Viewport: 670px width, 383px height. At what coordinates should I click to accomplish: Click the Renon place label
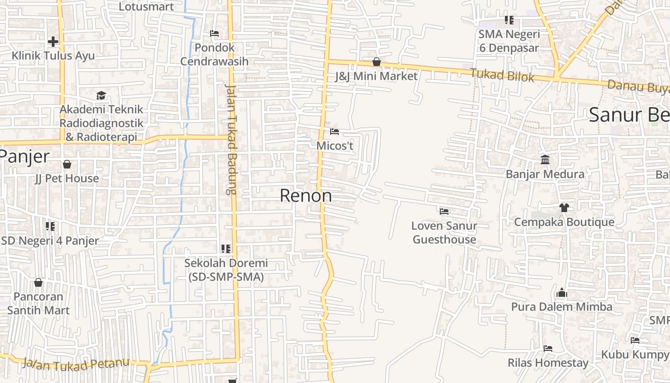[x=306, y=195]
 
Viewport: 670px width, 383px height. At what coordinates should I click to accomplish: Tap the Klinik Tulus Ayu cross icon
[x=53, y=42]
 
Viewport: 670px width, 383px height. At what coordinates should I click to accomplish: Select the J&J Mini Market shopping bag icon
[x=377, y=62]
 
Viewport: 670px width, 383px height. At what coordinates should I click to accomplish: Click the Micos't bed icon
[x=335, y=131]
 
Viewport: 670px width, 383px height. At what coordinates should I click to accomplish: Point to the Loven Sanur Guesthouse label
[x=444, y=232]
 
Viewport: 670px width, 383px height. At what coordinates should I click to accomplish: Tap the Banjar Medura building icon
[x=545, y=159]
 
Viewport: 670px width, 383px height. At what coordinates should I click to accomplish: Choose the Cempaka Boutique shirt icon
[x=564, y=208]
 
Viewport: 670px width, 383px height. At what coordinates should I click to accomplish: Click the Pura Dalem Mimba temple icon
[x=562, y=292]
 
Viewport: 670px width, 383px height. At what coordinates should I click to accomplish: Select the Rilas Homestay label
[x=548, y=363]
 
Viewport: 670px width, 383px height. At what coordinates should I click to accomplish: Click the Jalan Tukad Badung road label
[x=231, y=139]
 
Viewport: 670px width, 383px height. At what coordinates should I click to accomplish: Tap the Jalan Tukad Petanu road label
[x=76, y=364]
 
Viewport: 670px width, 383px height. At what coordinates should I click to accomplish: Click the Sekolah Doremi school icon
[x=226, y=248]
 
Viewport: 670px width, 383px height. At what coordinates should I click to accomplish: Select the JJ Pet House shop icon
[x=67, y=164]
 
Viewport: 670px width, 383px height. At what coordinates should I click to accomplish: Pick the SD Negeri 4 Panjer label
[x=50, y=240]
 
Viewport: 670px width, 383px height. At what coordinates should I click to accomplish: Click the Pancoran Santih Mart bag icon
[x=38, y=282]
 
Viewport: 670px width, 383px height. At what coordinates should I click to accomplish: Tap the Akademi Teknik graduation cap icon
[x=101, y=95]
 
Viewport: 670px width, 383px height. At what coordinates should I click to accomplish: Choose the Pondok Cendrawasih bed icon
[x=214, y=34]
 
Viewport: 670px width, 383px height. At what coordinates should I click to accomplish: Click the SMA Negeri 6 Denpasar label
[x=509, y=41]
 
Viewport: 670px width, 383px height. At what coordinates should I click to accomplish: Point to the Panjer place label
[x=24, y=156]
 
